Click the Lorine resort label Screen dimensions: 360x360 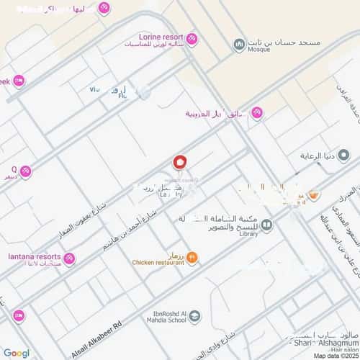pyautogui.click(x=161, y=36)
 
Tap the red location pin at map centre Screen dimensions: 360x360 pyautogui.click(x=180, y=163)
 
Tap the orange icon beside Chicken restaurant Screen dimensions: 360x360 pyautogui.click(x=192, y=257)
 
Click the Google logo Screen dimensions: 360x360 pyautogui.click(x=16, y=353)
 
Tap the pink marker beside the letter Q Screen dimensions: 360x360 pyautogui.click(x=25, y=171)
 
